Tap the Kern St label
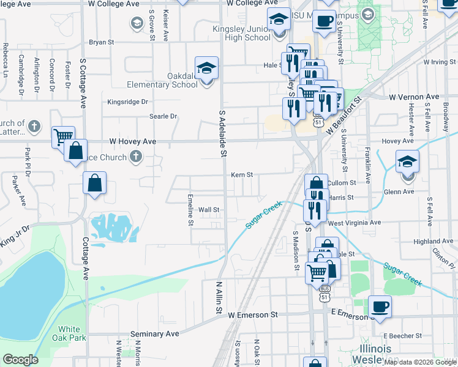click(x=242, y=175)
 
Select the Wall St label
click(x=209, y=210)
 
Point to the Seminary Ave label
click(x=155, y=334)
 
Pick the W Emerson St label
click(x=253, y=315)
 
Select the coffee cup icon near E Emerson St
click(x=380, y=306)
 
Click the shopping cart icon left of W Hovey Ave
click(x=63, y=137)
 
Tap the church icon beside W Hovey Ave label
click(x=137, y=157)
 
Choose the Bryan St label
click(x=102, y=42)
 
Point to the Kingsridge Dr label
click(x=128, y=102)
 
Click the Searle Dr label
click(x=163, y=116)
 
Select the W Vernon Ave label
click(x=415, y=97)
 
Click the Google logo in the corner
click(x=20, y=360)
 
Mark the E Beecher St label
click(x=403, y=336)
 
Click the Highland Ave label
click(x=433, y=242)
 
